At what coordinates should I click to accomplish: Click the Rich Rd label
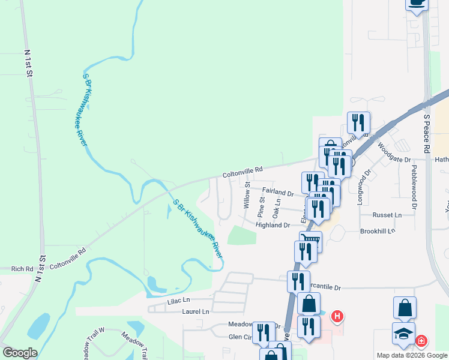pyautogui.click(x=22, y=269)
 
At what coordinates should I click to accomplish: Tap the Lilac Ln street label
pyautogui.click(x=178, y=299)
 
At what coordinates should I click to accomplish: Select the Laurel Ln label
pyautogui.click(x=196, y=312)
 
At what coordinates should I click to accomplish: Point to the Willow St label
pyautogui.click(x=247, y=196)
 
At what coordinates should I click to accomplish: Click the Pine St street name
pyautogui.click(x=261, y=206)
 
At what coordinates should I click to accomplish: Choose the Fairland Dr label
pyautogui.click(x=277, y=194)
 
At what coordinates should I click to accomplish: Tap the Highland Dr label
pyautogui.click(x=273, y=226)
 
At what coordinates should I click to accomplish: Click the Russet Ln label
pyautogui.click(x=387, y=215)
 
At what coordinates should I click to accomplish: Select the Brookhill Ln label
pyautogui.click(x=378, y=231)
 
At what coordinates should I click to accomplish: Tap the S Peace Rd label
pyautogui.click(x=427, y=133)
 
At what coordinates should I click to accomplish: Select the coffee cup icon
pyautogui.click(x=417, y=2)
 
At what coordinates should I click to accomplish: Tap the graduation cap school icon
pyautogui.click(x=403, y=334)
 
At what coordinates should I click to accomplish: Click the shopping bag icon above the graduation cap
pyautogui.click(x=405, y=307)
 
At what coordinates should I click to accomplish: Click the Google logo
pyautogui.click(x=20, y=353)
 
